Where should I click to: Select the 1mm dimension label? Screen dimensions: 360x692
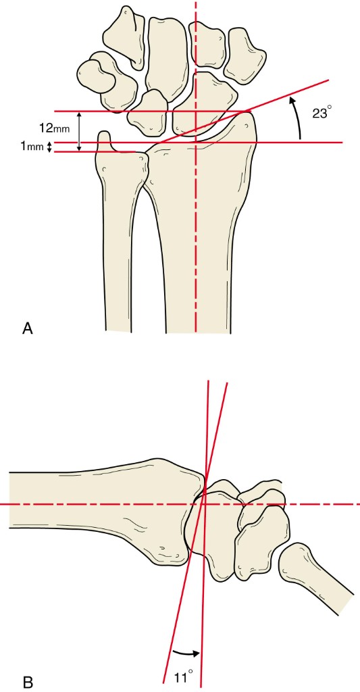tap(32, 147)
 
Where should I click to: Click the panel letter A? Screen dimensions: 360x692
tap(27, 329)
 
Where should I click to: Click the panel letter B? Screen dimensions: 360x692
tap(27, 683)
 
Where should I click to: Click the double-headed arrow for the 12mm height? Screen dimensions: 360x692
tap(80, 132)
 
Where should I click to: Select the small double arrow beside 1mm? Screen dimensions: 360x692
tap(49, 147)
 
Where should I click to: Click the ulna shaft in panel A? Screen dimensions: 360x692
tap(118, 247)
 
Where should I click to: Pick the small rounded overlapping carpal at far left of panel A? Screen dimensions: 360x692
tap(96, 74)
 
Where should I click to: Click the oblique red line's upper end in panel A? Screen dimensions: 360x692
tap(329, 80)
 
